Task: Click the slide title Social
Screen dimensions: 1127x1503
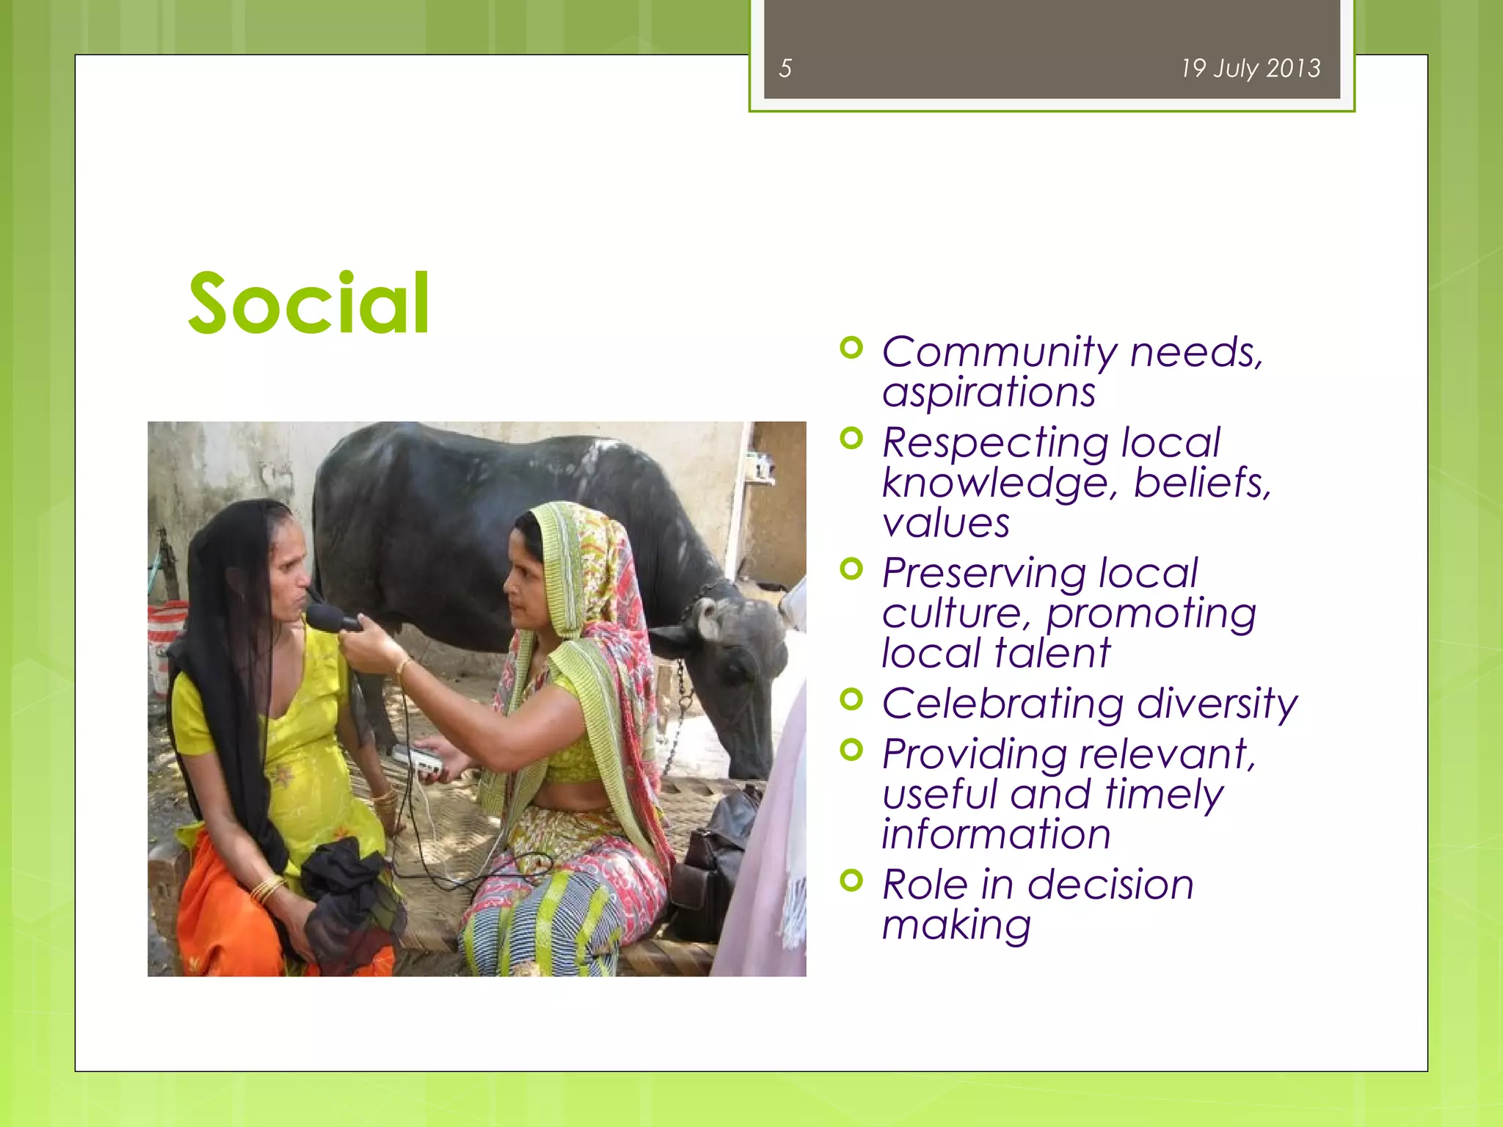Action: point(308,304)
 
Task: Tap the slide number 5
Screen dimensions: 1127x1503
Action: point(785,69)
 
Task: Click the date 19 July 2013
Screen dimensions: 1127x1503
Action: point(1250,69)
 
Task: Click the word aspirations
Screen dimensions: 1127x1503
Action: point(989,393)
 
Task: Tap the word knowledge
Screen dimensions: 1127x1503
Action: point(999,484)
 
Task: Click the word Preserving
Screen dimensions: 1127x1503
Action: point(983,574)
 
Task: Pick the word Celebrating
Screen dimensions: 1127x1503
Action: point(1002,704)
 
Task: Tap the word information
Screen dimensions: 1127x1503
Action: point(996,835)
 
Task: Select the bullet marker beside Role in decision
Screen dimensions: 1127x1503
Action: point(851,879)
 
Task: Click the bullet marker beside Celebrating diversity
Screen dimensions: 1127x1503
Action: point(851,699)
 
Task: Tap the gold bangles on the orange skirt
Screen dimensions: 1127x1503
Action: point(267,889)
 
